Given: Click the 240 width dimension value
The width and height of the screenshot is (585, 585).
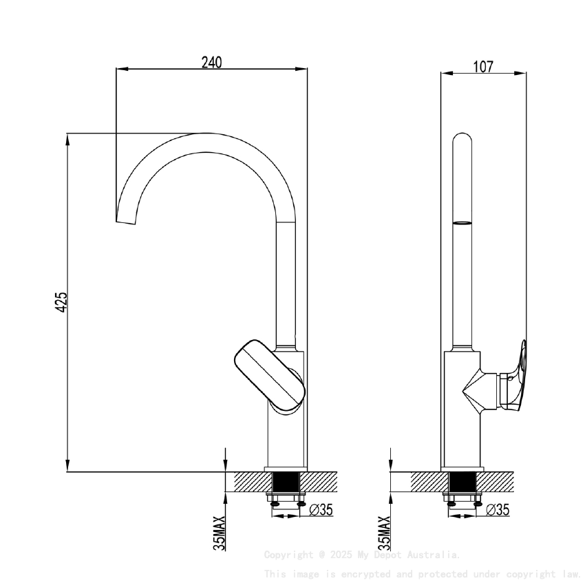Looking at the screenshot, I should [211, 62].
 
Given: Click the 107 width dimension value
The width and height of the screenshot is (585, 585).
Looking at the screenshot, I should [483, 67].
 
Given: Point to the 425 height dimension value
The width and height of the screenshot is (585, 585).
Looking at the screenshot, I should [61, 301].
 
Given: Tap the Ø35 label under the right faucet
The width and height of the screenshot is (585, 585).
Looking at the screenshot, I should [498, 510].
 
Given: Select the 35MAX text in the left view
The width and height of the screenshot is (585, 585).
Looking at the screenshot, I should [219, 533].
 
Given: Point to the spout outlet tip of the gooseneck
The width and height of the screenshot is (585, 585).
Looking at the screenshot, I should [125, 222].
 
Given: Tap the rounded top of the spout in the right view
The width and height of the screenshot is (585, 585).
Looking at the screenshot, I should [462, 141].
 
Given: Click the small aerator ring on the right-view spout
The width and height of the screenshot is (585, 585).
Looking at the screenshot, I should [462, 223].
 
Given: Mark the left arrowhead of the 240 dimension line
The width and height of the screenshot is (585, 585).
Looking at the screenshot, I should [121, 69].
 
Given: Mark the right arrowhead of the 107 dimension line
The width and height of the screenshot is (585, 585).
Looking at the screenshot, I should [522, 73].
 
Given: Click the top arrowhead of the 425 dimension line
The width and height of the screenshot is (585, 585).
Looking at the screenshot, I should [67, 138].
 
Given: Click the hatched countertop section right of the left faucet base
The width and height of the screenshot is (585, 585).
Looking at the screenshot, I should [321, 481].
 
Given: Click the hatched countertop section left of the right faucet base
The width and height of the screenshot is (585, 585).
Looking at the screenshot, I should [427, 481].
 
